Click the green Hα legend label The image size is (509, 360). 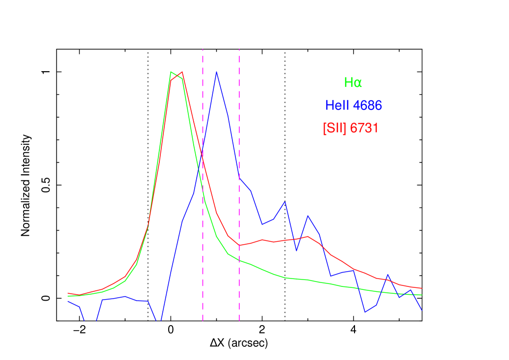(x=353, y=83)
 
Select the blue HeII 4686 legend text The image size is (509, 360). (x=354, y=105)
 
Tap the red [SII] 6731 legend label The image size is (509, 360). (x=351, y=129)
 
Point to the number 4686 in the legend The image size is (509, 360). (x=367, y=105)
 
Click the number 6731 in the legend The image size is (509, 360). (x=364, y=129)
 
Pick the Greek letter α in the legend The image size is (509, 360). (x=358, y=83)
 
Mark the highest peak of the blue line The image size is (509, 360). (x=216, y=72)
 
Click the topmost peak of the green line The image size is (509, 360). (x=171, y=72)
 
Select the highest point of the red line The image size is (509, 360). (x=182, y=72)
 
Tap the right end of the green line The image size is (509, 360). (x=422, y=295)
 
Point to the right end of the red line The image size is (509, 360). (x=422, y=288)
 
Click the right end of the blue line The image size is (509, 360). (x=422, y=310)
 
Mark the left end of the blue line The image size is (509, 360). (x=68, y=301)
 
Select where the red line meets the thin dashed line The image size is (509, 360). (x=239, y=245)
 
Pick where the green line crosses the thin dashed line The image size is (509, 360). (x=239, y=260)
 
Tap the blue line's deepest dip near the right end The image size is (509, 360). (x=365, y=311)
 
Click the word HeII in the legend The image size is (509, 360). (x=338, y=105)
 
